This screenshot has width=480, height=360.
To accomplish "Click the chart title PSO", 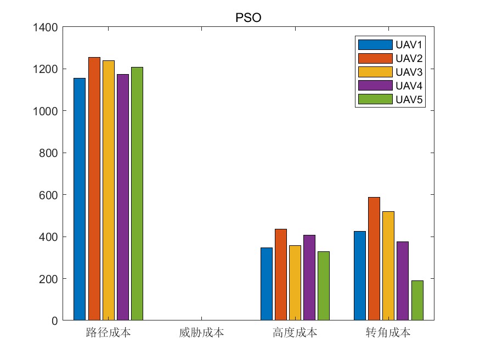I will [x=248, y=18].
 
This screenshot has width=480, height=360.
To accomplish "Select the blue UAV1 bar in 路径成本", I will [x=80, y=199].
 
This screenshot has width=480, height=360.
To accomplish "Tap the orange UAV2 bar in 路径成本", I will [x=94, y=189].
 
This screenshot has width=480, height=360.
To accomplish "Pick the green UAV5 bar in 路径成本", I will [x=137, y=194].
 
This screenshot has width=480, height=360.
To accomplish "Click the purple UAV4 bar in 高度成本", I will [x=309, y=278].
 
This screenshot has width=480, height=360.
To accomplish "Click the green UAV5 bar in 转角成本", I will [x=417, y=300].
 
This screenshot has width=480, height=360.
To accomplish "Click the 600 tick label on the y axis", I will [x=48, y=195].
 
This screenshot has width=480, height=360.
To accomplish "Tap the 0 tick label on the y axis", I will [x=54, y=321].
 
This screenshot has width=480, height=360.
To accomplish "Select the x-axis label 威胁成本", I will [x=201, y=333].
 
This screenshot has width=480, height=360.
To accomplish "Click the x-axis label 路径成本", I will [x=108, y=333].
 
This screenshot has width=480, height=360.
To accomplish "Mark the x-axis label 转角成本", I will [x=388, y=333].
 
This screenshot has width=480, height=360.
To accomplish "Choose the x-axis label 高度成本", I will [x=295, y=333].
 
